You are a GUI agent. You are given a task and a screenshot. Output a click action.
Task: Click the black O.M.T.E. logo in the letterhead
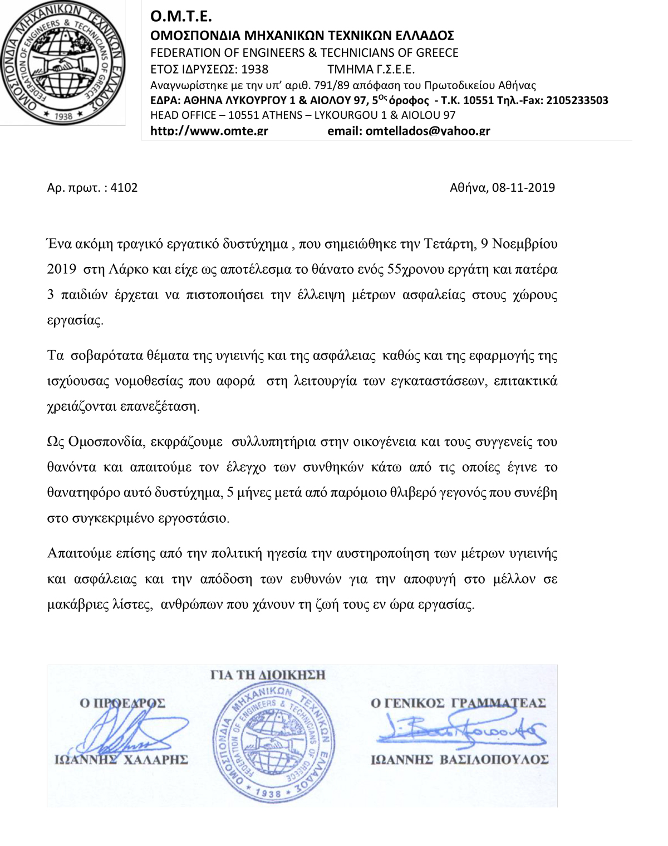63,62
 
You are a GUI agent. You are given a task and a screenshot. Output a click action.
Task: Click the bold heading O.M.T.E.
181,17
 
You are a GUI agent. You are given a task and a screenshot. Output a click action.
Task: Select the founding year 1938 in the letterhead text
254,69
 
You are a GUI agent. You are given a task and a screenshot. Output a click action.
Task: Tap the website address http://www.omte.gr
209,132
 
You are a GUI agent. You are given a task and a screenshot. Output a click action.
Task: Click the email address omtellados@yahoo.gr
428,132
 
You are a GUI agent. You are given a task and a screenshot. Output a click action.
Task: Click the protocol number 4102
124,188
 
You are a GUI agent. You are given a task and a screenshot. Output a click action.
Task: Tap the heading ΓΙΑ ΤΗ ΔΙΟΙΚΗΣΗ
268,675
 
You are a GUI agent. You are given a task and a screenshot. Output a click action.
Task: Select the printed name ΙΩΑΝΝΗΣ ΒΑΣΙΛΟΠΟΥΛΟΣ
459,760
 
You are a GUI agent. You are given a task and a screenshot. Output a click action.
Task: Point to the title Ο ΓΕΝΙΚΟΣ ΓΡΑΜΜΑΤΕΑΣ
458,703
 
